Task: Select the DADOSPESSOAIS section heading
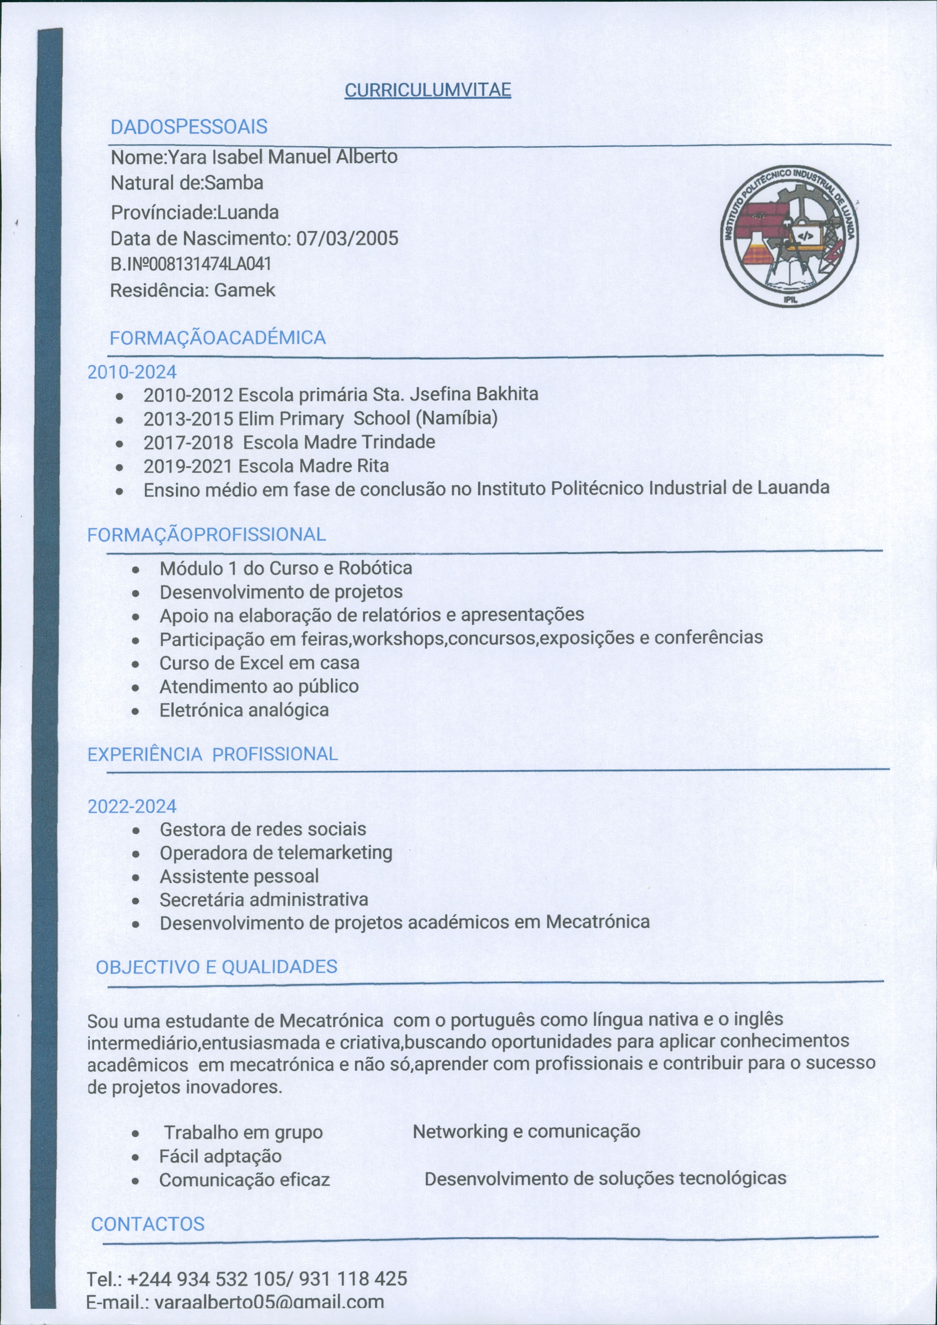[189, 127]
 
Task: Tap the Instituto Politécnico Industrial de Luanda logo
[789, 237]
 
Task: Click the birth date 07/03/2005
[347, 238]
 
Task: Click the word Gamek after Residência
[244, 290]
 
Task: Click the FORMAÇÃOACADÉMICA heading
[217, 338]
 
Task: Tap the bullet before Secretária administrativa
[135, 901]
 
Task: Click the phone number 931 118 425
[353, 1279]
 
